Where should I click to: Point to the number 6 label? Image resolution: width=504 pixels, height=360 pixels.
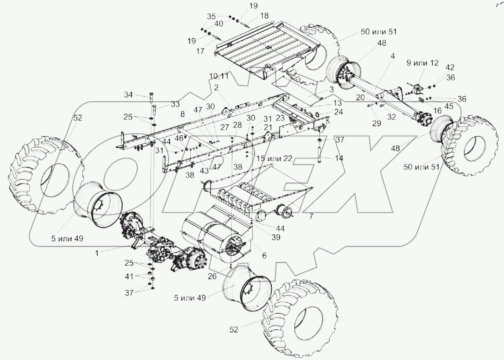click(x=264, y=255)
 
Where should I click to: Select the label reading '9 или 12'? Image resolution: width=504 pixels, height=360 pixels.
click(x=423, y=63)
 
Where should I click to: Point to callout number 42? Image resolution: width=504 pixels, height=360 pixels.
click(x=450, y=66)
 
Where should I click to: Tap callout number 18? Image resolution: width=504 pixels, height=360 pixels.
click(x=264, y=15)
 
